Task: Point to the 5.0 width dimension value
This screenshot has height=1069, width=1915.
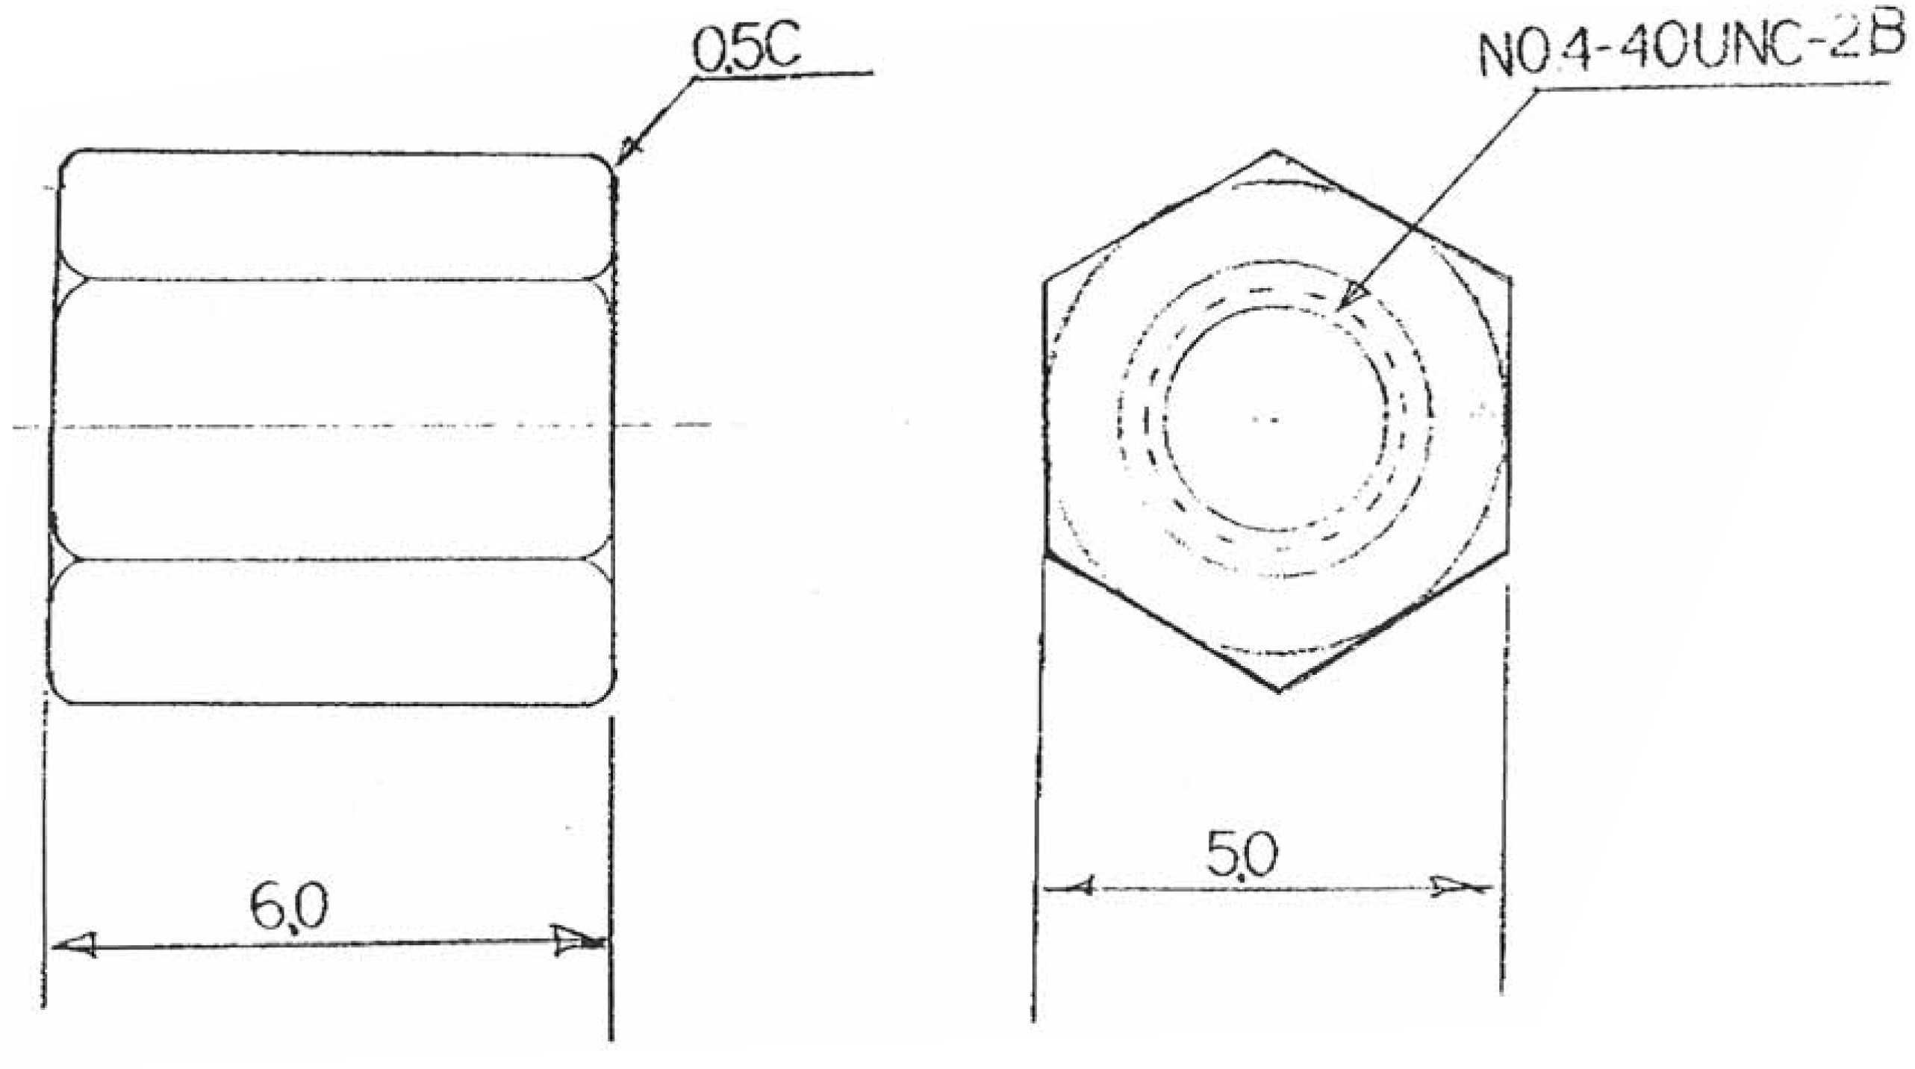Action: [1242, 855]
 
